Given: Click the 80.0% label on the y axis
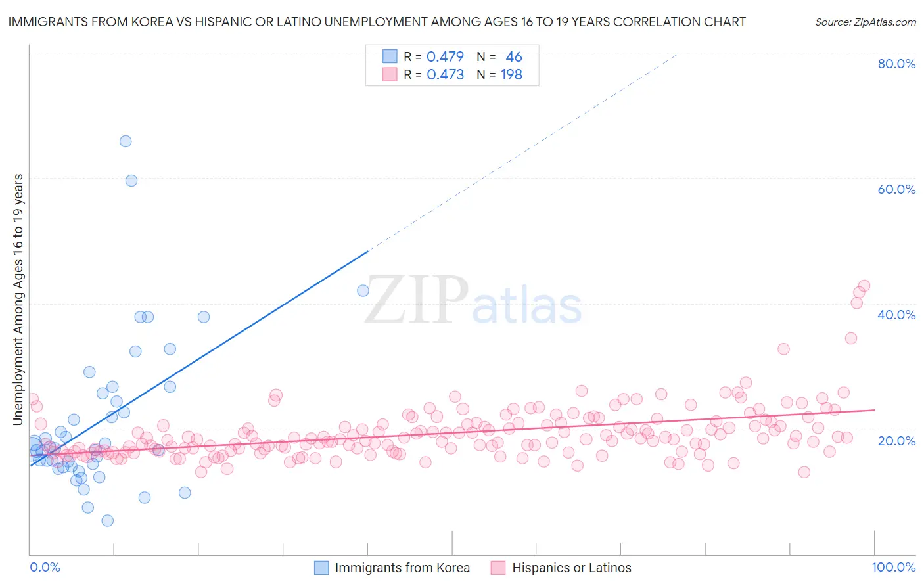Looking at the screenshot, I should coord(896,64).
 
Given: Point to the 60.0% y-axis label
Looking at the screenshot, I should coord(896,189).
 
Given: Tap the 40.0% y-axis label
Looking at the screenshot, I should coord(896,315).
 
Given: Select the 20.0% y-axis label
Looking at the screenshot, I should coord(896,440).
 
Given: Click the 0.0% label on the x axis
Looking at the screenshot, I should coord(45,567).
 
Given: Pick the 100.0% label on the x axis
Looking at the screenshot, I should coord(893,567).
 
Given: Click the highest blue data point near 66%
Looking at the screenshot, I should coord(126,141).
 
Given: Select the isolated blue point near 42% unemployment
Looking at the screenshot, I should coord(363,290).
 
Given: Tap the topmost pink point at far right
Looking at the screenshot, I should coord(864,286).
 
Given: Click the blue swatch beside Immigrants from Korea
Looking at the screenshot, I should coord(321,568).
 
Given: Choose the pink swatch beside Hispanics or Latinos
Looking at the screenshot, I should coord(498,568).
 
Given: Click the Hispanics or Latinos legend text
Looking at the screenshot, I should coord(571,568).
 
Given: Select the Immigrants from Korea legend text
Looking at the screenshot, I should coord(402,568).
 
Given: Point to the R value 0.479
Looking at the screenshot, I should coord(445,57).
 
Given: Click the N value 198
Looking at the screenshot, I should coord(511,75).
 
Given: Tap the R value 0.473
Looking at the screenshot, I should coord(445,75).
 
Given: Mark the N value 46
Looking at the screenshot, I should coord(514,57).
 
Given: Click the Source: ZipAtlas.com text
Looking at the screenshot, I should coord(865,22).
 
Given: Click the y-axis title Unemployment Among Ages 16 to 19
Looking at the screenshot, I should coord(18,300).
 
